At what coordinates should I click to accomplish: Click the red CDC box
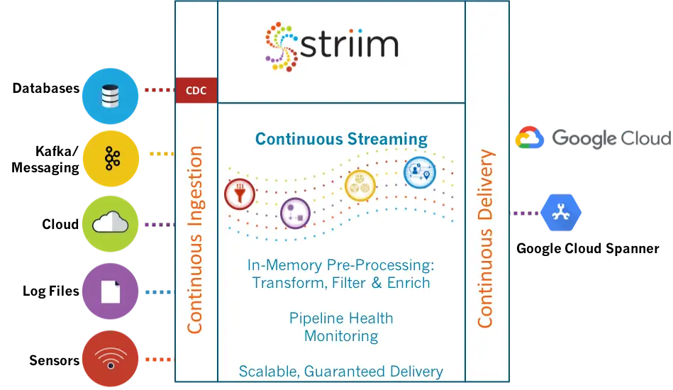coord(196,91)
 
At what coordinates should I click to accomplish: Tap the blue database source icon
coord(109,96)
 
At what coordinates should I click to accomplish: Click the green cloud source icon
coord(109,224)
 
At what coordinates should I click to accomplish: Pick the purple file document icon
coord(109,291)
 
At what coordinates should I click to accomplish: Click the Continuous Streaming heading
coord(341,138)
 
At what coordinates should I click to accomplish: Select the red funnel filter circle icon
coord(239,194)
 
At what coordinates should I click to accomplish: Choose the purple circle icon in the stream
coord(295,213)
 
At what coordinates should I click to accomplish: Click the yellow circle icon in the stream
coord(359,186)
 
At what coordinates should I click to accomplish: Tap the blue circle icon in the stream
coord(419,172)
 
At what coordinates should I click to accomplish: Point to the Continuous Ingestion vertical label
coord(195,240)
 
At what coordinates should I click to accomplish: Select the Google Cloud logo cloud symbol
coord(529,138)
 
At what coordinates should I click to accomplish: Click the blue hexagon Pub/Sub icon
coord(560,213)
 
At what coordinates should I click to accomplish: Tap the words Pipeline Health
coord(340,318)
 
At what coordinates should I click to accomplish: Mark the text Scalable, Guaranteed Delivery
coord(340,371)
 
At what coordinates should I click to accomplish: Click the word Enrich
coord(406,282)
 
